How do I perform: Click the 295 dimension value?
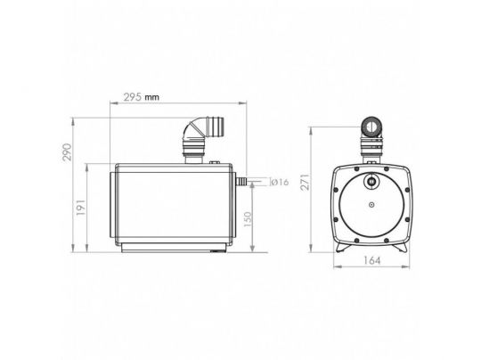pyautogui.click(x=133, y=97)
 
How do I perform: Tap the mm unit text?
pyautogui.click(x=152, y=98)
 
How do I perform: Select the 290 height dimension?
pyautogui.click(x=67, y=152)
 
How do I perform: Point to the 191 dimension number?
pyautogui.click(x=81, y=207)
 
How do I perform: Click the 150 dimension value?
pyautogui.click(x=248, y=219)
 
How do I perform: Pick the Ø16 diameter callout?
pyautogui.click(x=280, y=182)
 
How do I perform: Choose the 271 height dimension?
pyautogui.click(x=306, y=182)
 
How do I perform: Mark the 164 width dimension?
pyautogui.click(x=371, y=260)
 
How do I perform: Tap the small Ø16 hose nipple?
pyautogui.click(x=241, y=182)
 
